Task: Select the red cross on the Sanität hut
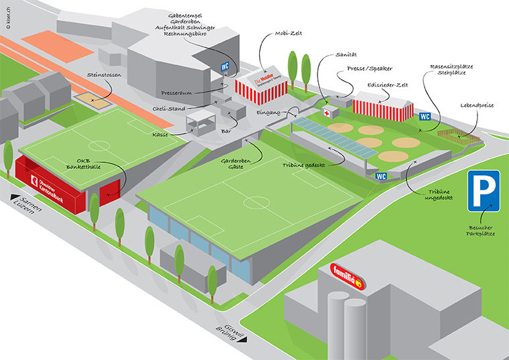pos(328,112)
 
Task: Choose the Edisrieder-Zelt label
pos(387,85)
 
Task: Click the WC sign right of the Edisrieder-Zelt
pos(425,117)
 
